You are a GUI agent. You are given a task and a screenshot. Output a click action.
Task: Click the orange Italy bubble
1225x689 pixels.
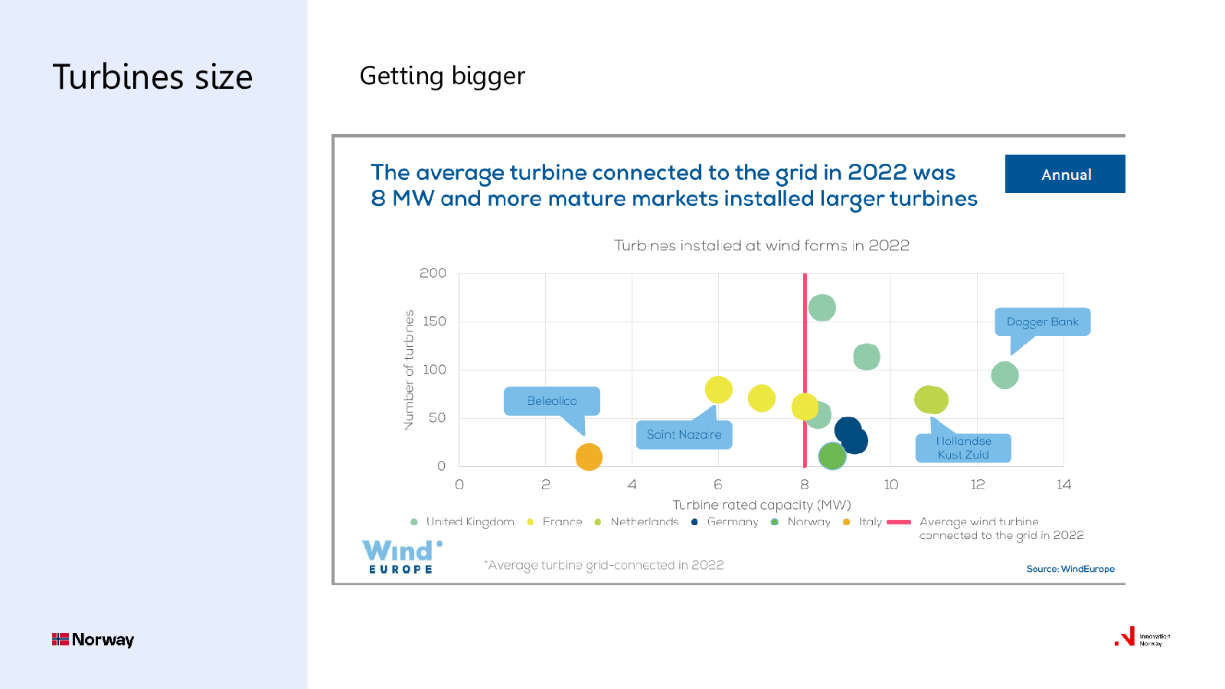click(589, 457)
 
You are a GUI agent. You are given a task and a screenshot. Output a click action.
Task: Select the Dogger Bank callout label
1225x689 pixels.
click(1042, 322)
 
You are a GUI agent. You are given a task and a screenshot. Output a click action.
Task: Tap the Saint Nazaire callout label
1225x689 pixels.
click(684, 435)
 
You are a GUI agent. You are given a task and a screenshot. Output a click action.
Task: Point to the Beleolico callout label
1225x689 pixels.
click(552, 401)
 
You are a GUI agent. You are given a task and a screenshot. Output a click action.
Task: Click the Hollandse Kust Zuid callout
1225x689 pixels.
click(963, 448)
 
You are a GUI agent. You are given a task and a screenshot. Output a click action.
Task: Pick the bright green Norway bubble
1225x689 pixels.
click(832, 456)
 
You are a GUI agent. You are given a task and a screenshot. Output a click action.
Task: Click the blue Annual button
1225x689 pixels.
click(1065, 174)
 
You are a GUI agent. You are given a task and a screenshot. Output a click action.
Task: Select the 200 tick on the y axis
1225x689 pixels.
click(433, 273)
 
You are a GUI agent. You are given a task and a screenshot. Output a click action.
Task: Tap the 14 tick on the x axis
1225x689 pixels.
click(1063, 485)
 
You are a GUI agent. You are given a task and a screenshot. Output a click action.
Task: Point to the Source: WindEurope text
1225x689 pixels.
click(1070, 569)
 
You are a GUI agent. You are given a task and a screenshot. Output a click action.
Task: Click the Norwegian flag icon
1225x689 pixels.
click(60, 639)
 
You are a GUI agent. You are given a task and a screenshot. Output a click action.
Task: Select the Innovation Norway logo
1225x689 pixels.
click(1142, 638)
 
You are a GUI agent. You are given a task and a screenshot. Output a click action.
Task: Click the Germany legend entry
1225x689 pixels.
click(725, 521)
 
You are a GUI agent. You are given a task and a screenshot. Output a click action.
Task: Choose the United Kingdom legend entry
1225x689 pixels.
click(462, 521)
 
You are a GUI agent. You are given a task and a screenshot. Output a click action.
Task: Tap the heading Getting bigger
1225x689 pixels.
click(442, 76)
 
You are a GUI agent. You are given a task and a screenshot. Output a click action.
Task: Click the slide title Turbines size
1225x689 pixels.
click(152, 77)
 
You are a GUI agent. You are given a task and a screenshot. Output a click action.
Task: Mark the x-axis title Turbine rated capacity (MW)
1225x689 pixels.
click(762, 505)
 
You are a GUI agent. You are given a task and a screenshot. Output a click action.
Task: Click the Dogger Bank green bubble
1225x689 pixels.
click(1004, 375)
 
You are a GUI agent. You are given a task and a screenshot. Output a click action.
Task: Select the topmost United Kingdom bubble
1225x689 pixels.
click(822, 307)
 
